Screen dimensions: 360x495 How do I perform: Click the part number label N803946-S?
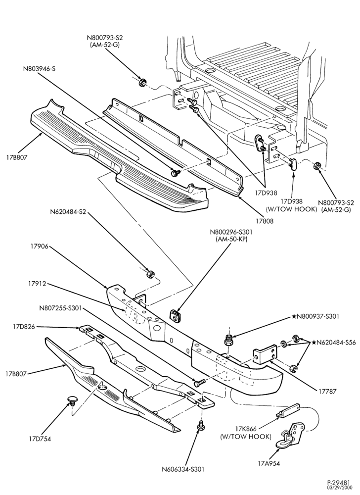(x=39, y=68)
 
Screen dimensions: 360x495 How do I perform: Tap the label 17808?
(x=265, y=221)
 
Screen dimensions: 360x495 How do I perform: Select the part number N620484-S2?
(x=68, y=212)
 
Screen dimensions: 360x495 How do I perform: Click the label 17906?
(x=40, y=246)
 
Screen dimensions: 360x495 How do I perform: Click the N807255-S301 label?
(x=60, y=308)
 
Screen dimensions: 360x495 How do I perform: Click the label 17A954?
(x=269, y=463)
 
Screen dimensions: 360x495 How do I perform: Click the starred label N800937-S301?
(x=315, y=316)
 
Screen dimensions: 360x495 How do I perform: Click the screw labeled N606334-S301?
(x=200, y=426)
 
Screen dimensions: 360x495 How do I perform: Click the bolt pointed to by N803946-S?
(x=175, y=173)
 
